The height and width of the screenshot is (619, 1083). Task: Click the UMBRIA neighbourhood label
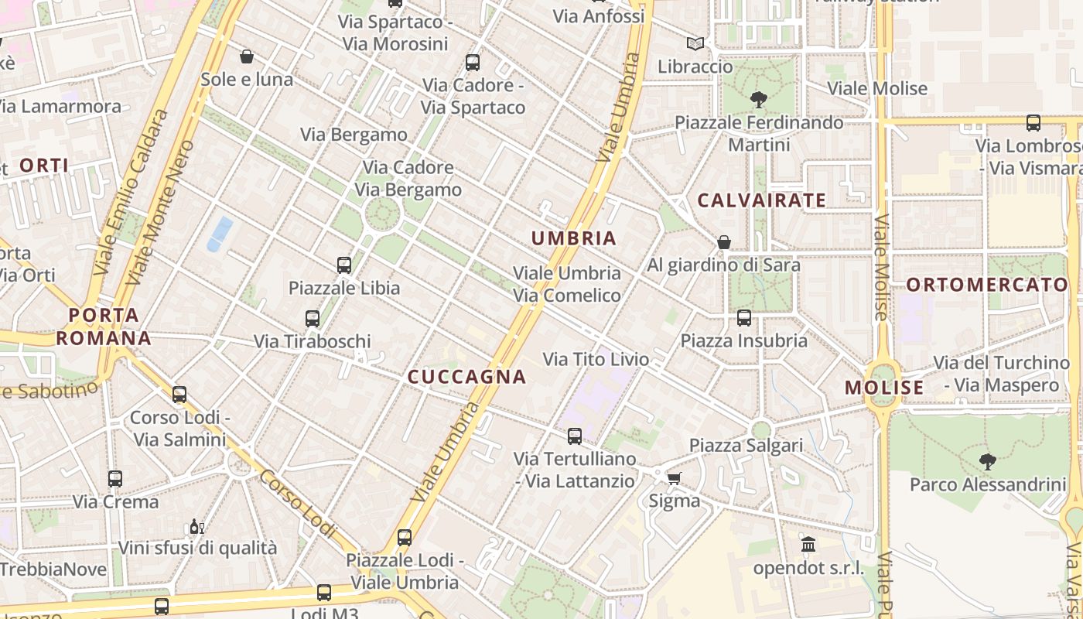click(574, 238)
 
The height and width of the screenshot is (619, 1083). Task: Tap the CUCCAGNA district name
click(466, 377)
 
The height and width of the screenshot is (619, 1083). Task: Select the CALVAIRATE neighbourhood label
click(762, 200)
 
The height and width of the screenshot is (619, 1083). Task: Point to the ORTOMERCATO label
click(987, 285)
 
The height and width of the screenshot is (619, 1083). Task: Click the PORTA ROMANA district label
click(104, 327)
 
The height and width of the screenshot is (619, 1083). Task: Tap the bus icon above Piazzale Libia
click(344, 265)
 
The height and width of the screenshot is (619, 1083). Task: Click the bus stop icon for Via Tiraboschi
click(313, 318)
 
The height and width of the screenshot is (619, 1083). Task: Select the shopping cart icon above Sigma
click(674, 478)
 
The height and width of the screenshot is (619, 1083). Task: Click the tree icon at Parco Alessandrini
click(987, 462)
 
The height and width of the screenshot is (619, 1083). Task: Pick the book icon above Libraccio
click(695, 43)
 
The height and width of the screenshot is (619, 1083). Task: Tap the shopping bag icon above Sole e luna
click(247, 56)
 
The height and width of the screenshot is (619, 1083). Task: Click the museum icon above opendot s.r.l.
click(808, 545)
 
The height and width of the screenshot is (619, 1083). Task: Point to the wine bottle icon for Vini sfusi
click(196, 526)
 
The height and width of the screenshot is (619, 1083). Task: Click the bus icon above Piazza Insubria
click(744, 317)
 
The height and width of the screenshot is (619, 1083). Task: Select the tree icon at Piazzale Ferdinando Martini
click(758, 99)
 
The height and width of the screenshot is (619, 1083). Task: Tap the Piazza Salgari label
click(746, 446)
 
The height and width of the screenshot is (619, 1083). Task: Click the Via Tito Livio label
click(596, 359)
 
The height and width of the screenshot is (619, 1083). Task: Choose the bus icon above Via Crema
click(115, 478)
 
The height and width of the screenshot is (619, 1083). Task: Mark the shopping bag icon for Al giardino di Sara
click(724, 242)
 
